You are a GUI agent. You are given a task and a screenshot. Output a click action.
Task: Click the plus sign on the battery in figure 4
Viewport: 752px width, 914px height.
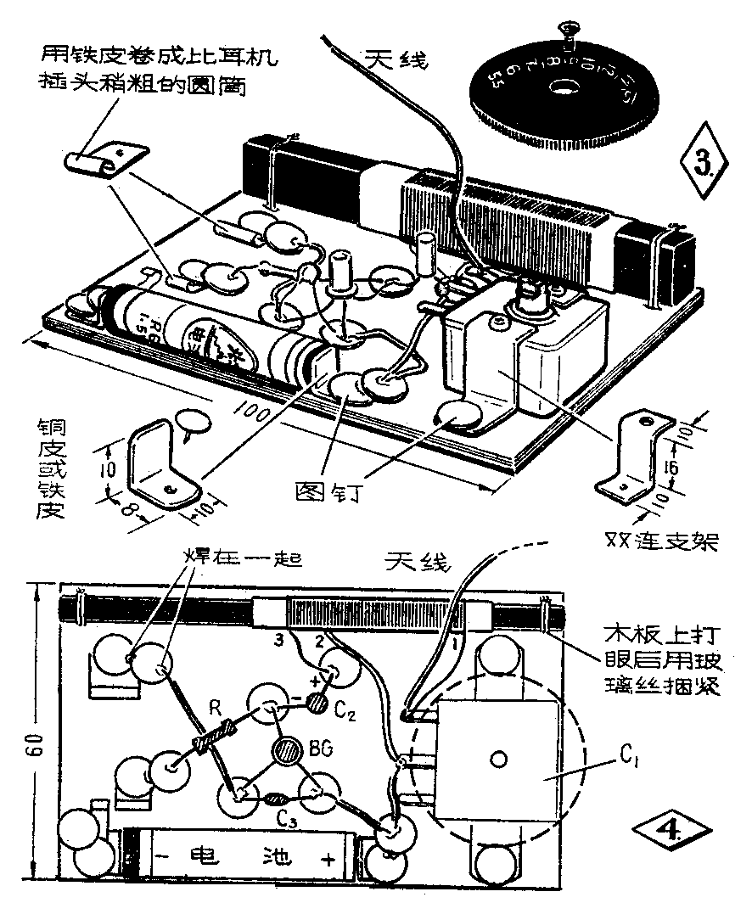pyautogui.click(x=329, y=858)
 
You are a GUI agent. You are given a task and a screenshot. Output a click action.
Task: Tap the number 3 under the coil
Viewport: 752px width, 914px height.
pyautogui.click(x=277, y=637)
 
